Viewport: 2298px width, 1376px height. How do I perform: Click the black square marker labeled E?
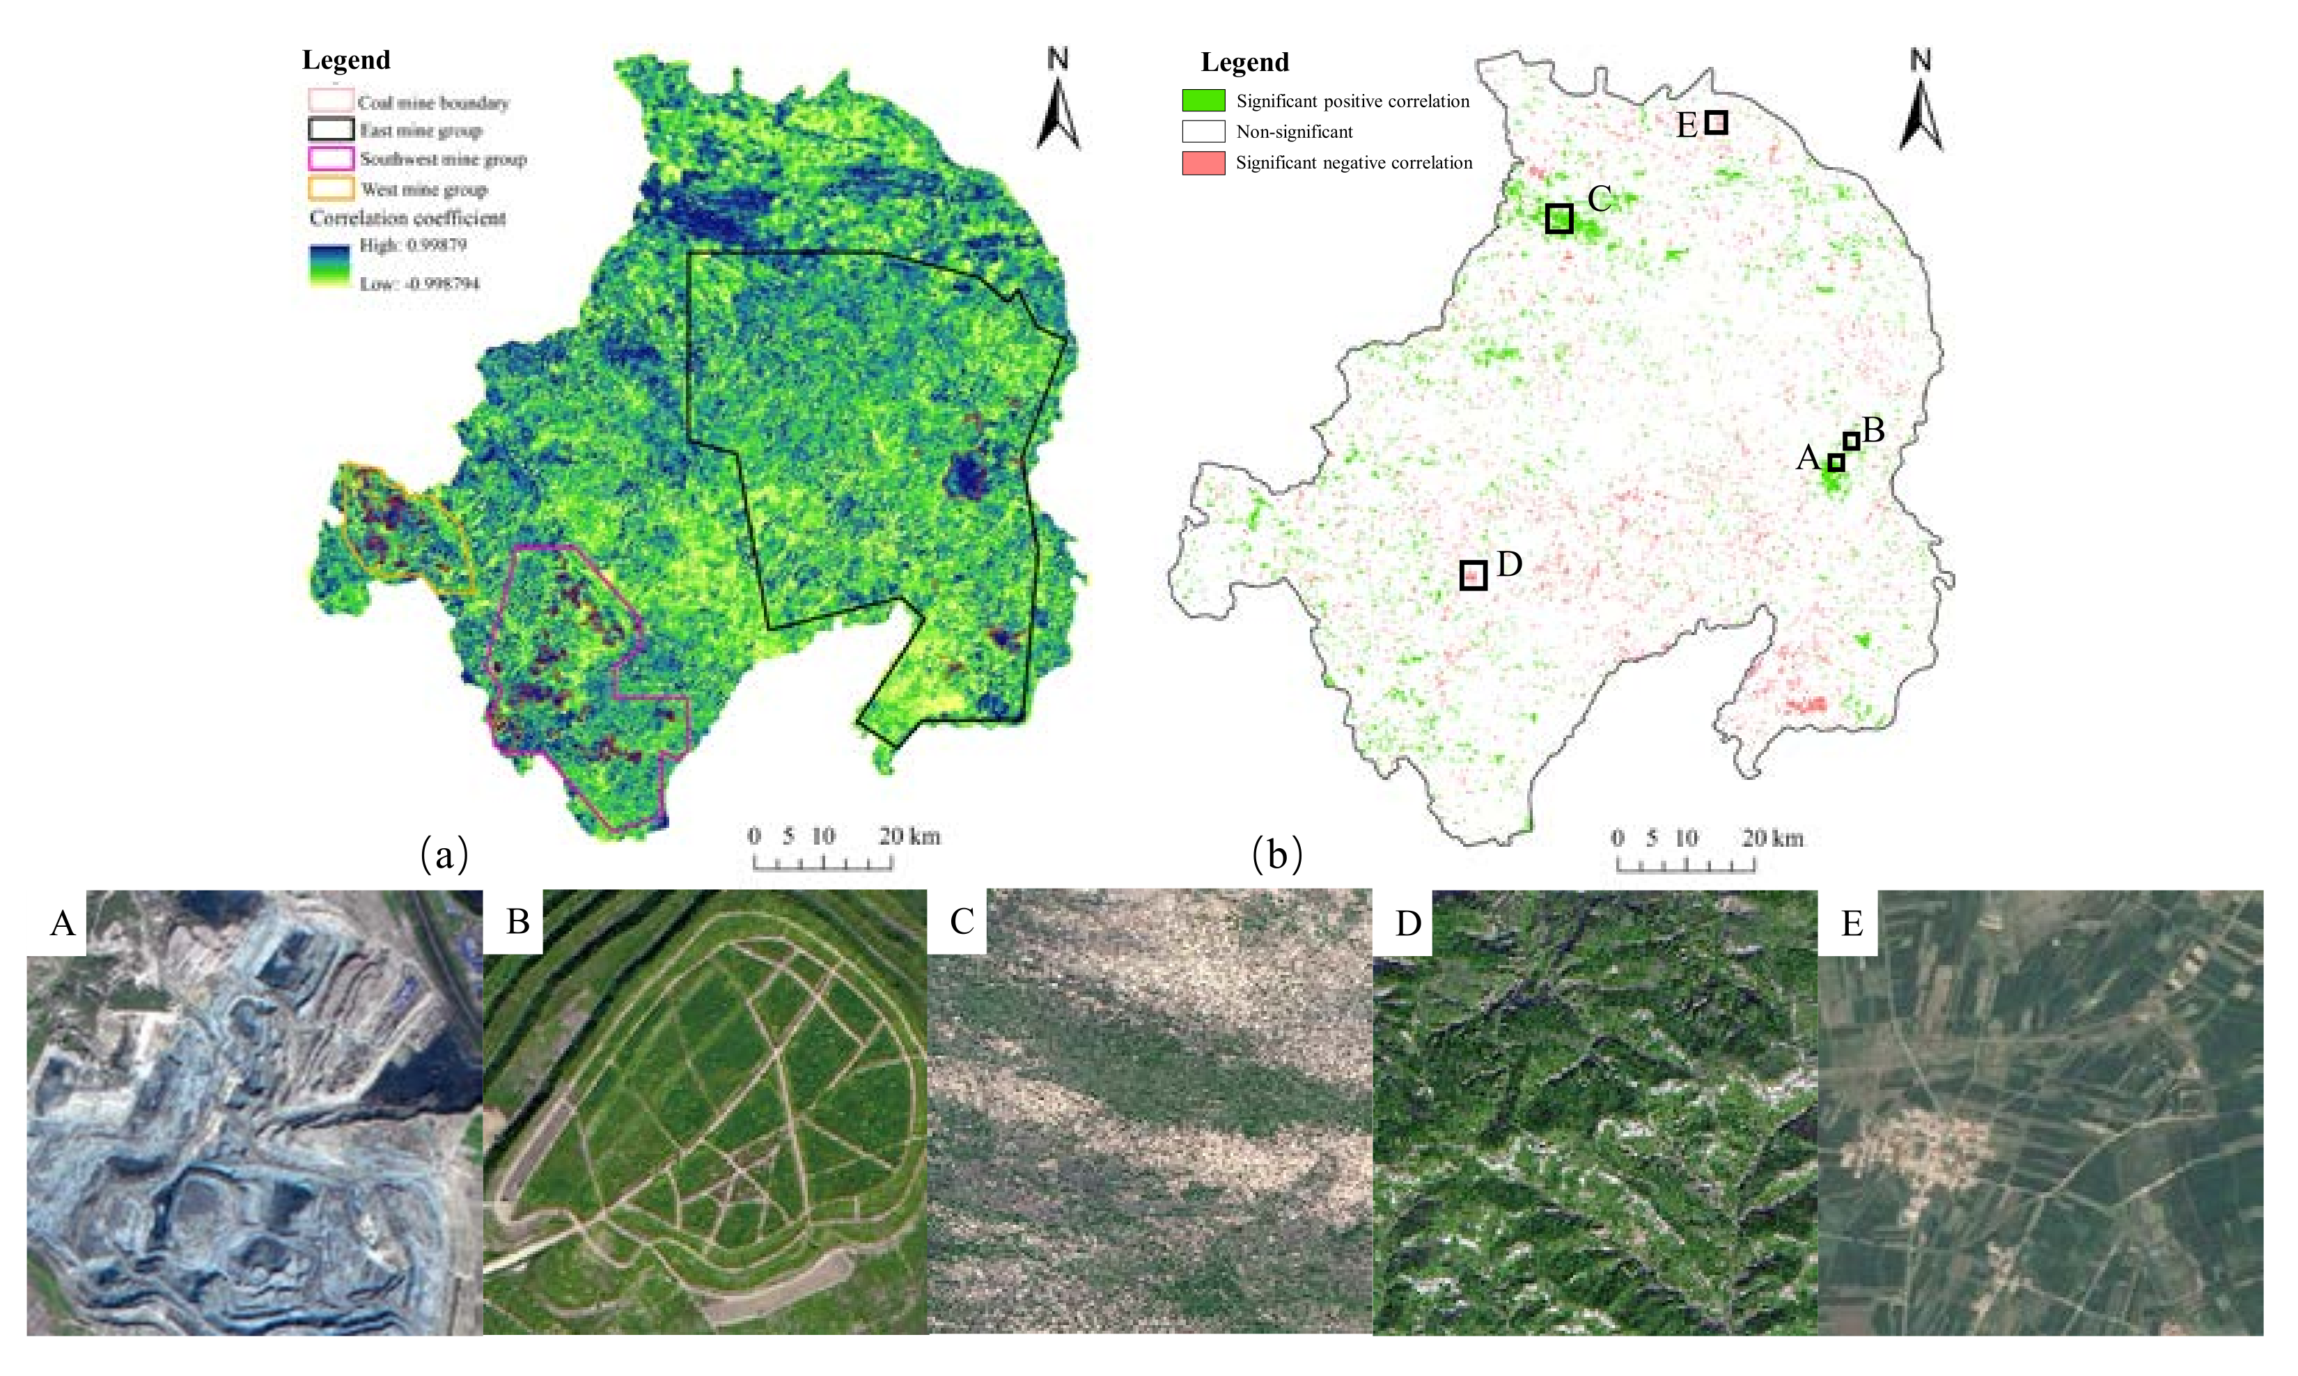tap(1716, 123)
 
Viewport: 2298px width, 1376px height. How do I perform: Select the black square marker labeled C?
tap(1559, 219)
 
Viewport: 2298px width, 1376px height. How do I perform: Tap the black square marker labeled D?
tap(1473, 576)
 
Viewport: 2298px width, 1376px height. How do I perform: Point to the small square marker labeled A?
tap(1836, 462)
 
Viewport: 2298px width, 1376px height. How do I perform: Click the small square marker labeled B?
tap(1851, 441)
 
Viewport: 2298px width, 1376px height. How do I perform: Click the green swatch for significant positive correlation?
tap(1203, 100)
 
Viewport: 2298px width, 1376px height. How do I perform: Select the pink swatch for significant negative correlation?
tap(1203, 163)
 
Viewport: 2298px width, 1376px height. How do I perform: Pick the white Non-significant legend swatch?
tap(1203, 132)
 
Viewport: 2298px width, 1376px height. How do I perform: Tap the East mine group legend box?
tap(331, 130)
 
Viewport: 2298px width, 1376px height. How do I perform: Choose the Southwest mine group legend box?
tap(331, 159)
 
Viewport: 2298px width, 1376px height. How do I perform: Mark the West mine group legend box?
tap(331, 189)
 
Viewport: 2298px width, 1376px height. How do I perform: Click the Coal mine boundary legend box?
tap(331, 100)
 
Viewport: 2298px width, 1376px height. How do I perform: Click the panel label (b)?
tap(1276, 854)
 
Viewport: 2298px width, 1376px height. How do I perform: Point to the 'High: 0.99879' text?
tap(412, 245)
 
